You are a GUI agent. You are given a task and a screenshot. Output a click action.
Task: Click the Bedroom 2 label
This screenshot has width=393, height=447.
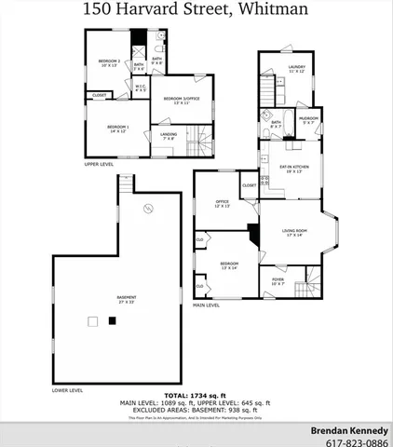[x=110, y=62]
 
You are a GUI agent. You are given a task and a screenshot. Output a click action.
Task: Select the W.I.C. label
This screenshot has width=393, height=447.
[x=141, y=88]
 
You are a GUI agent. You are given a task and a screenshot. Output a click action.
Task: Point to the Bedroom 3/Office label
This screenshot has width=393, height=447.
[x=182, y=100]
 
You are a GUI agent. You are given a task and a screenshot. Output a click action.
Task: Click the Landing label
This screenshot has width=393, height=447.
[x=169, y=136]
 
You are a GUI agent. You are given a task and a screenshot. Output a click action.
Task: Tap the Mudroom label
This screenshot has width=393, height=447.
[x=308, y=120]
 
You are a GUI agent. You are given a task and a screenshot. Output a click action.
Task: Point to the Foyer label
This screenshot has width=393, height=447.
[x=278, y=280]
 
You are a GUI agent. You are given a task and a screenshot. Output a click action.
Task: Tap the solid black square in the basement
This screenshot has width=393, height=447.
[x=113, y=321]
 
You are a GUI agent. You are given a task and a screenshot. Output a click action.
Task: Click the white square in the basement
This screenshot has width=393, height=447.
[x=91, y=322]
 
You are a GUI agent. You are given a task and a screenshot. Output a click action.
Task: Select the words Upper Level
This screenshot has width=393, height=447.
[x=99, y=164]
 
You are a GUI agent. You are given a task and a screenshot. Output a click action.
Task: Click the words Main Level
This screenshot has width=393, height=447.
[x=206, y=305]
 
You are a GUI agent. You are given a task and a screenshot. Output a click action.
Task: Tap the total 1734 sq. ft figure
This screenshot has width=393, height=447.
[x=196, y=396]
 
